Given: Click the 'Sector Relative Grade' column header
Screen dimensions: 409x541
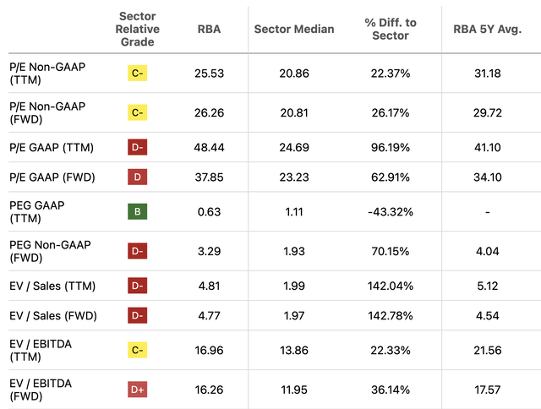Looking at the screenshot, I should click(x=139, y=29).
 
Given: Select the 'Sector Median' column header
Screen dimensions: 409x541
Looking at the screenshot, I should click(x=294, y=29).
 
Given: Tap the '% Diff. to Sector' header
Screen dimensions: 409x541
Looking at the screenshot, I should click(x=391, y=29).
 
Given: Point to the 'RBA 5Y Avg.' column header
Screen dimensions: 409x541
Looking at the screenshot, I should click(x=488, y=29).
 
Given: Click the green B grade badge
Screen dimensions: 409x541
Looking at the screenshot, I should click(x=138, y=211).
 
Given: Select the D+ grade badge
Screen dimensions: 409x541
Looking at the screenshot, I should click(x=138, y=390).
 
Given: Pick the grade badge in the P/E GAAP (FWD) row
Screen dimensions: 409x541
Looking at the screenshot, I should click(x=138, y=177).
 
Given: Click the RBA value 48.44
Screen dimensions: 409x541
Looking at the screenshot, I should click(x=208, y=147).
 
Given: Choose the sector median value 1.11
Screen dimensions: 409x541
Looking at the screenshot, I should click(x=294, y=211).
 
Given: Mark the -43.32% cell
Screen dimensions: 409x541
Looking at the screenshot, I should click(x=391, y=211).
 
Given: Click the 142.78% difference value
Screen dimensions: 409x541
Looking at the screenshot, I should click(x=391, y=316).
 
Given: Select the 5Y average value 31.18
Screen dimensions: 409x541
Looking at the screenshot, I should click(x=488, y=74).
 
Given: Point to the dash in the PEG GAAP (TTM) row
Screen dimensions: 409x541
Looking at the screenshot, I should click(x=488, y=211).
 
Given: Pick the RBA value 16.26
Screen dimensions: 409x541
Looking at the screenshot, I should click(x=208, y=390).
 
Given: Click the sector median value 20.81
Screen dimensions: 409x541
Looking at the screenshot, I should click(x=294, y=113).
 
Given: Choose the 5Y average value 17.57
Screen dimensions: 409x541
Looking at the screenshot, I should click(x=488, y=390).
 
